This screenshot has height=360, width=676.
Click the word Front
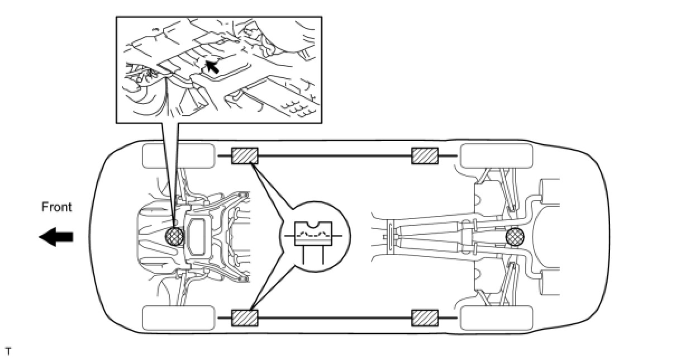[x=57, y=207]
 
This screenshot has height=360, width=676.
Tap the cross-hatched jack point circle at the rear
[x=515, y=238]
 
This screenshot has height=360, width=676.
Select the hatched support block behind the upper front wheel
[x=245, y=155]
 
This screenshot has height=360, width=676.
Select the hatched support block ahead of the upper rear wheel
[x=425, y=157]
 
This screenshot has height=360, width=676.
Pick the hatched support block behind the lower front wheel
[x=245, y=318]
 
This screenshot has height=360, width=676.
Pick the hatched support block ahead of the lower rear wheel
[x=425, y=318]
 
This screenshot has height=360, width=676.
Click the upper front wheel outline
[x=178, y=155]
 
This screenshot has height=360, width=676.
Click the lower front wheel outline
[x=178, y=318]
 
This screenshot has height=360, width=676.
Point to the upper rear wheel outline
[x=496, y=155]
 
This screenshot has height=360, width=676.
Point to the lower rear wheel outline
[x=496, y=318]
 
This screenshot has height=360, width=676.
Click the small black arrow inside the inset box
[x=211, y=67]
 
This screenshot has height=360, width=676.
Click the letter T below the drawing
[x=8, y=352]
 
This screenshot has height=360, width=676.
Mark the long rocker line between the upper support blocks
[x=335, y=157]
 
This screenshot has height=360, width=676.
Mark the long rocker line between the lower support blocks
[x=335, y=318]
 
